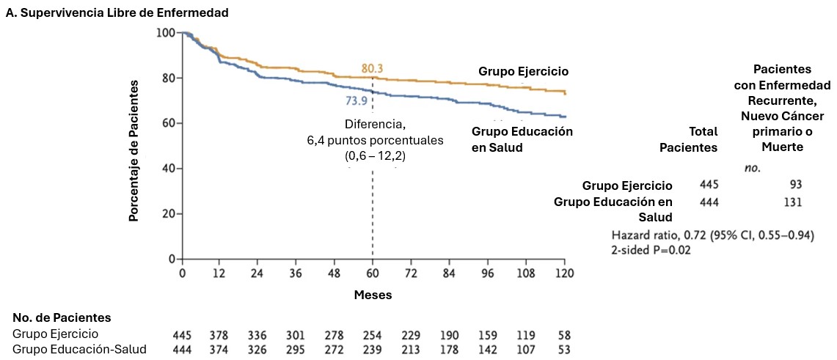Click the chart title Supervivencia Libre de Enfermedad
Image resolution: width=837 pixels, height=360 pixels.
click(x=117, y=12)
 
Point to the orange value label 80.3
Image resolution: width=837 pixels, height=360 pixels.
click(x=373, y=69)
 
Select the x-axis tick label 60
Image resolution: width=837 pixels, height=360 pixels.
click(x=373, y=273)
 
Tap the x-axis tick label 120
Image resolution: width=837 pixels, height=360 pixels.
click(x=564, y=273)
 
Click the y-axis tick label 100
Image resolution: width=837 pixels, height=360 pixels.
click(x=167, y=33)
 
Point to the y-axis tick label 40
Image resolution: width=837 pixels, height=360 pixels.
click(x=169, y=169)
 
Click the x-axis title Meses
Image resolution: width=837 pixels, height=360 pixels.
click(x=373, y=295)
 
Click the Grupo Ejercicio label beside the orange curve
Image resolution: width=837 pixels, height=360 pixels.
click(x=524, y=71)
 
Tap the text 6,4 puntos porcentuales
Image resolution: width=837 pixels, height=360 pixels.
click(x=376, y=139)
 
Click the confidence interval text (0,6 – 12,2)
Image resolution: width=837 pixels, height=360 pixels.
click(x=376, y=155)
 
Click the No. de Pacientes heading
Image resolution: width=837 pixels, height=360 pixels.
click(x=62, y=317)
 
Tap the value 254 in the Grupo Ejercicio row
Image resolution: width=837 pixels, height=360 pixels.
click(x=373, y=335)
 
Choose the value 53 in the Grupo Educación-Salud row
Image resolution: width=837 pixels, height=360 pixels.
click(x=564, y=349)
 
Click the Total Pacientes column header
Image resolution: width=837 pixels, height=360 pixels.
click(x=688, y=139)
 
